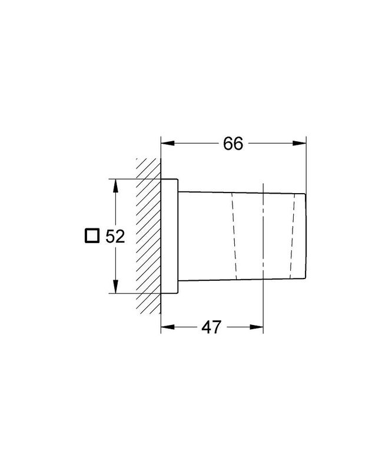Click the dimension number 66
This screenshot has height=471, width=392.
point(233,144)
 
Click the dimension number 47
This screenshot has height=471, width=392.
point(211,327)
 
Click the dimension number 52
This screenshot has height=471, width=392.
point(115,237)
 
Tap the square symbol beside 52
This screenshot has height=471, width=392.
point(92,235)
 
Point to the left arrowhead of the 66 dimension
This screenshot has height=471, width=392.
point(167,143)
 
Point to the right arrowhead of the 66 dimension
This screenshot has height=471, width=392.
point(300,143)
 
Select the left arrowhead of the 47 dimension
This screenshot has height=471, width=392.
point(167,327)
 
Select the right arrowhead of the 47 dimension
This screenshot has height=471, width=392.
point(257,327)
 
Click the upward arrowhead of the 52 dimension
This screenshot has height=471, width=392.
point(115,185)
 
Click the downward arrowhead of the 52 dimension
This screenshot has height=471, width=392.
point(115,286)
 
